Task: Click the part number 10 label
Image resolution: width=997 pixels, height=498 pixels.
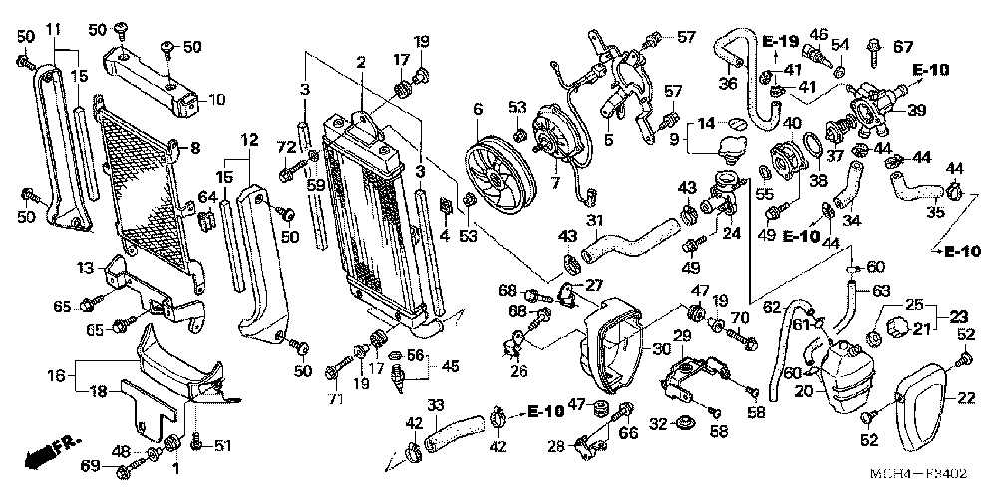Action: click(x=218, y=99)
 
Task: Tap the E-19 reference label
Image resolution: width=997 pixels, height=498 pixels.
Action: click(x=782, y=42)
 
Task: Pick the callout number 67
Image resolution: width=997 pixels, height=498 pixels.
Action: click(x=903, y=46)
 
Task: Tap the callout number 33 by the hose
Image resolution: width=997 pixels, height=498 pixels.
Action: click(x=435, y=405)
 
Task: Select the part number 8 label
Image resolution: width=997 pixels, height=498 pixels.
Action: click(x=195, y=148)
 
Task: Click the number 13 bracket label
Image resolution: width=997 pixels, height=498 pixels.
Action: click(x=86, y=268)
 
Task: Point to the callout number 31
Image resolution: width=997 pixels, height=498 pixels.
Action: click(x=596, y=220)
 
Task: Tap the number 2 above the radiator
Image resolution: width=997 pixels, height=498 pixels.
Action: click(x=360, y=63)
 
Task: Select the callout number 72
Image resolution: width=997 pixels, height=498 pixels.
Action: click(x=283, y=148)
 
